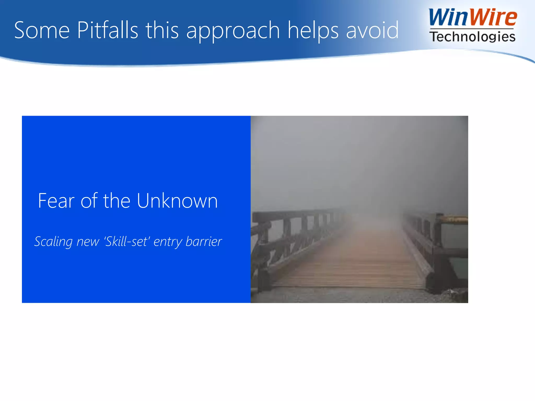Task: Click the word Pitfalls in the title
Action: click(107, 30)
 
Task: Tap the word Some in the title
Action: click(42, 30)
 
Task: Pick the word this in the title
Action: click(162, 30)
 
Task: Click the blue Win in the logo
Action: click(448, 17)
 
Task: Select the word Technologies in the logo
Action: click(472, 37)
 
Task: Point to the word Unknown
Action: click(177, 201)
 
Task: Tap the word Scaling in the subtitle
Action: click(53, 241)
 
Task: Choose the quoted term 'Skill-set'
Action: click(127, 241)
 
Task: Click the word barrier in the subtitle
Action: click(203, 241)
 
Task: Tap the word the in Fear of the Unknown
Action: click(117, 201)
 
